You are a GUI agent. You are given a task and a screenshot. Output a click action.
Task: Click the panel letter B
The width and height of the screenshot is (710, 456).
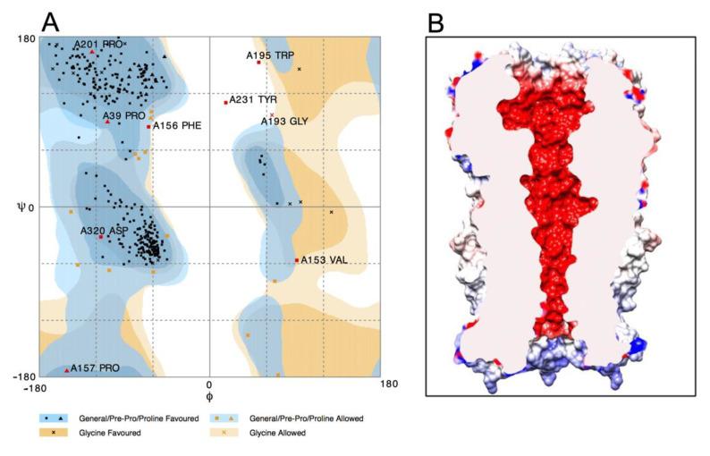pyautogui.click(x=435, y=22)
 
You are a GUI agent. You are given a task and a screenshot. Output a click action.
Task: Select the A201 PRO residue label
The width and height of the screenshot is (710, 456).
pyautogui.click(x=98, y=43)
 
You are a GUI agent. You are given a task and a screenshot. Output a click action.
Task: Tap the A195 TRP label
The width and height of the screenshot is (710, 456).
pyautogui.click(x=270, y=55)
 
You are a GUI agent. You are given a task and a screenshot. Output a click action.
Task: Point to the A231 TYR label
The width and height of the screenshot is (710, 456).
pyautogui.click(x=254, y=100)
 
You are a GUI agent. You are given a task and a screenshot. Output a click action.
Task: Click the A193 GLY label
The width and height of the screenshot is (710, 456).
pyautogui.click(x=284, y=121)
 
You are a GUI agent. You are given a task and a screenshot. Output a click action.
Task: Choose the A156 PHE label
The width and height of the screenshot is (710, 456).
pyautogui.click(x=176, y=126)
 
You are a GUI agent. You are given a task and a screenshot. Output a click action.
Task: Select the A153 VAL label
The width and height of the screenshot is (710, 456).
pyautogui.click(x=325, y=260)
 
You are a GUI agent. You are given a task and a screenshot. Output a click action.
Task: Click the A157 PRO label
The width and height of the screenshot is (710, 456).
pyautogui.click(x=96, y=367)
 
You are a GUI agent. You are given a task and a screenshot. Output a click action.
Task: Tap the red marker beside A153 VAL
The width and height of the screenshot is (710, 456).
pyautogui.click(x=297, y=260)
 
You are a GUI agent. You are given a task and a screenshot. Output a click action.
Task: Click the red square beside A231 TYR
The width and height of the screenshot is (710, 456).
pyautogui.click(x=225, y=102)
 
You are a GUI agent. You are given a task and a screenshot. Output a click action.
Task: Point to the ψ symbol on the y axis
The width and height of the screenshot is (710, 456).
pyautogui.click(x=21, y=207)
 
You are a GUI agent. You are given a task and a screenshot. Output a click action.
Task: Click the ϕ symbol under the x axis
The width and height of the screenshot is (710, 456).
pyautogui.click(x=208, y=396)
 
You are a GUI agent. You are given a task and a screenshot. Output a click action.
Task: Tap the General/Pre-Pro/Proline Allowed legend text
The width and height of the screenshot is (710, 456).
pyautogui.click(x=296, y=418)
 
